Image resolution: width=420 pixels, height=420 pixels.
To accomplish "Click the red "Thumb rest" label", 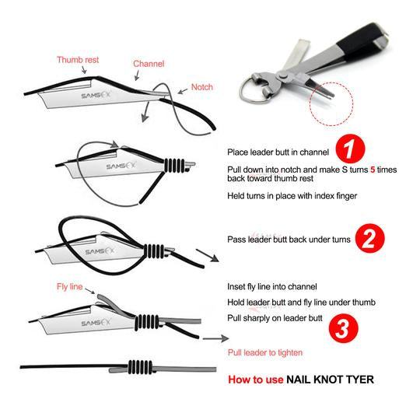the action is (x=78, y=60).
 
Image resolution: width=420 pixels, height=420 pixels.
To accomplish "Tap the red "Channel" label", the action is (x=149, y=64).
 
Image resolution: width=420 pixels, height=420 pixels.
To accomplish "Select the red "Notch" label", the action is (x=202, y=87).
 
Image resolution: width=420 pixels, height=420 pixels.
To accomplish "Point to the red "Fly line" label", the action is (x=70, y=286).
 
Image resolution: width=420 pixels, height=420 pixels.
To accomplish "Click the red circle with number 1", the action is (x=350, y=149).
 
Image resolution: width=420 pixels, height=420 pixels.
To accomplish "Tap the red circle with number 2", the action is (x=369, y=239).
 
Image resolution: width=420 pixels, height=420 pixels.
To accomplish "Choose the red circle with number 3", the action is (x=344, y=328).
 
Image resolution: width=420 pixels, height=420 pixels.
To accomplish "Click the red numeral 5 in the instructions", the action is (x=373, y=170).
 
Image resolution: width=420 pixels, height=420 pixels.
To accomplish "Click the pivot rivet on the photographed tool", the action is (x=282, y=76).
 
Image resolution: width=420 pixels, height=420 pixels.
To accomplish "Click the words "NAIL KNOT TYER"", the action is (x=330, y=380).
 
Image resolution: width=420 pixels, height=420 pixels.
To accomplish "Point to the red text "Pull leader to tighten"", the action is (x=265, y=352).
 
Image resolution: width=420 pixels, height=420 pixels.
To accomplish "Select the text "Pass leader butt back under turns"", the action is (x=289, y=240).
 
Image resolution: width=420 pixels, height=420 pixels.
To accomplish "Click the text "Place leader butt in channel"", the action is (x=278, y=152).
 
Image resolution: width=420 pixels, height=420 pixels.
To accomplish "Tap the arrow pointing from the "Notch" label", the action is (x=183, y=91).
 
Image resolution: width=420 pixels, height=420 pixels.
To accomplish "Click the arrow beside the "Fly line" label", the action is (x=89, y=291).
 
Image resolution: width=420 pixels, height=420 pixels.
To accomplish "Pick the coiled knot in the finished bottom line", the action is (x=140, y=366).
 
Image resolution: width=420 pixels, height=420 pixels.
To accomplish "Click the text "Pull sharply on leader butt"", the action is (x=275, y=318).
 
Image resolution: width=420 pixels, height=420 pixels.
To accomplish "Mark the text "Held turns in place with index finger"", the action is (x=292, y=196).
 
